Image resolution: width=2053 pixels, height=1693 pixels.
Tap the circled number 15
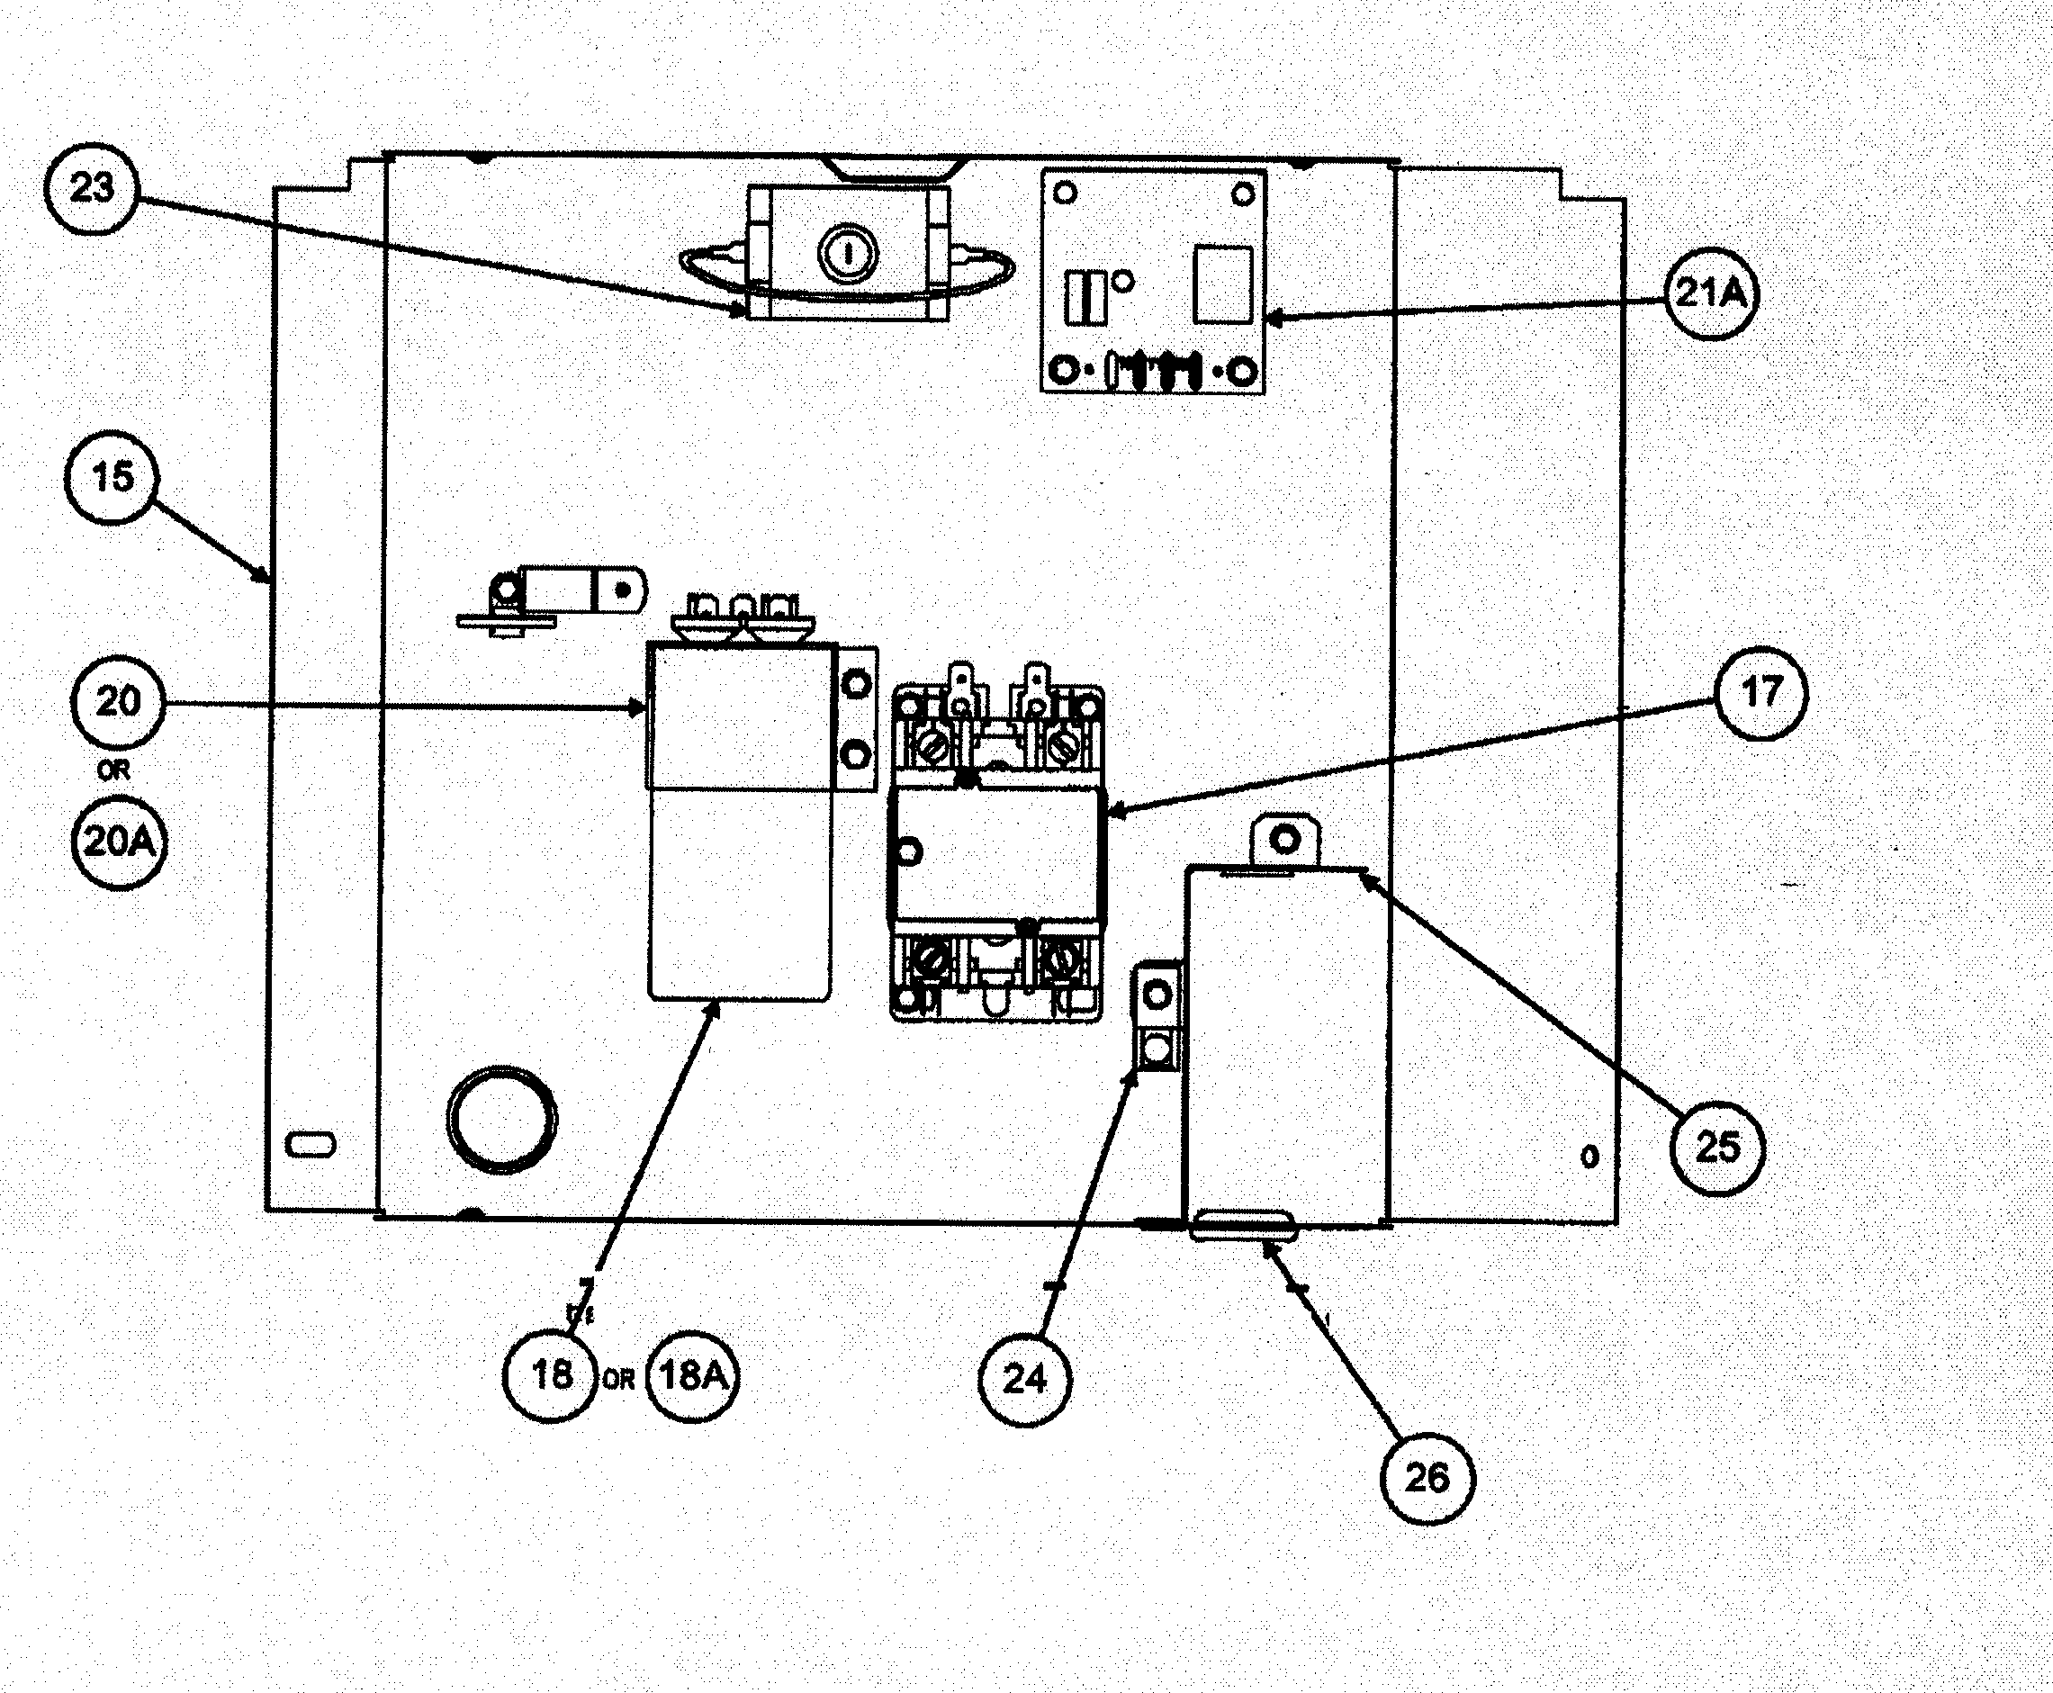tap(113, 477)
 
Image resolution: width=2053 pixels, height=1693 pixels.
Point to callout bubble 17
tap(1760, 692)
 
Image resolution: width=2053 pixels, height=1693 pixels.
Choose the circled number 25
tap(1717, 1148)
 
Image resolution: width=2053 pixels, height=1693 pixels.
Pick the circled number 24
tap(1024, 1379)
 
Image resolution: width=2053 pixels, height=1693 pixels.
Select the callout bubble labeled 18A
tap(693, 1376)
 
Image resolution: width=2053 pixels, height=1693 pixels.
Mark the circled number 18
tap(551, 1375)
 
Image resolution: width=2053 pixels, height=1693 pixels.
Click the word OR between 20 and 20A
tap(114, 770)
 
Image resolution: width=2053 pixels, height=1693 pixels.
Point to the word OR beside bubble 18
tap(619, 1380)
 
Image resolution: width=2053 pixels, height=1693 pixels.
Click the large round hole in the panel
tap(501, 1119)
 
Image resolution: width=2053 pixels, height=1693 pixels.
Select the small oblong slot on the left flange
tap(311, 1144)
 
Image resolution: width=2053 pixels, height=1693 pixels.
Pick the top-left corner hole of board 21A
tap(1066, 194)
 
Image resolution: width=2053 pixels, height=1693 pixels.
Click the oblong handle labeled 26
tap(1244, 1226)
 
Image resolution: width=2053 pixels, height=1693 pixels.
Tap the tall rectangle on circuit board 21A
tap(1223, 284)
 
